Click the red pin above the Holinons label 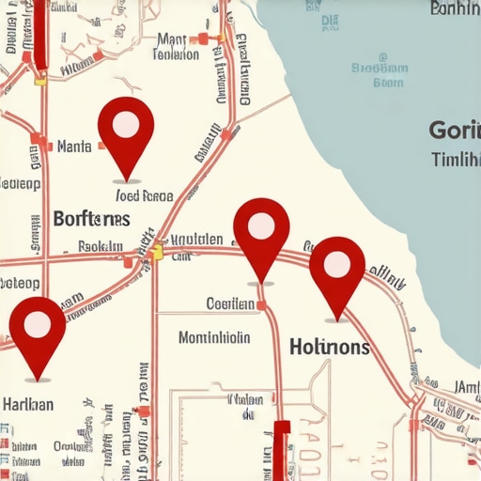336,267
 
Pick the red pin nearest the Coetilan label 261,229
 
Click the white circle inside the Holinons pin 336,264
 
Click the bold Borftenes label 91,219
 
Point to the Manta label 73,146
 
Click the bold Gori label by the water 453,130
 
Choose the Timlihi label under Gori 456,160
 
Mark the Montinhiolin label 214,337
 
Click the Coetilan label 230,303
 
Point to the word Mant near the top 172,39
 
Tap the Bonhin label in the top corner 454,9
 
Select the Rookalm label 100,246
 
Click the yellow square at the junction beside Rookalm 157,252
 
